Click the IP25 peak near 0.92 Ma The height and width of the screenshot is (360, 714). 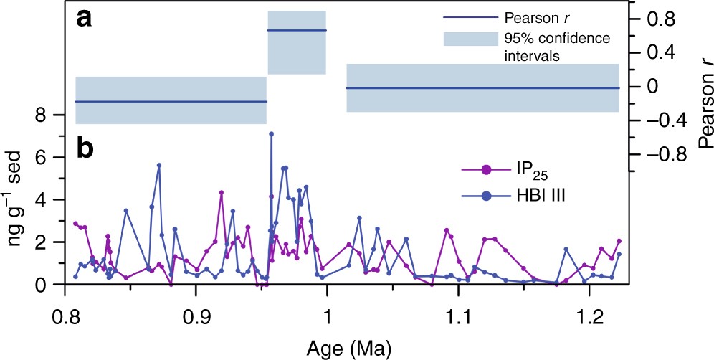pos(222,192)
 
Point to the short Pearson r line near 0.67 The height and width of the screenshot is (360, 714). pos(297,30)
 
